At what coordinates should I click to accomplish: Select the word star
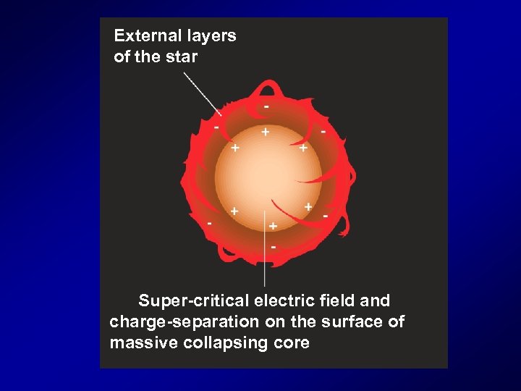tap(182, 56)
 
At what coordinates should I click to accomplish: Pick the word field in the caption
tap(340, 300)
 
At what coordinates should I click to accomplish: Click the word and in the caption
tap(377, 300)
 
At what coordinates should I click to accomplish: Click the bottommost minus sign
tap(273, 248)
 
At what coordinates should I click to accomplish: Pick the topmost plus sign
tap(266, 133)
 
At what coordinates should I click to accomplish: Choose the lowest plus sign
tap(273, 226)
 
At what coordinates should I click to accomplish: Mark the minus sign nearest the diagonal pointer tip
tap(216, 127)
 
